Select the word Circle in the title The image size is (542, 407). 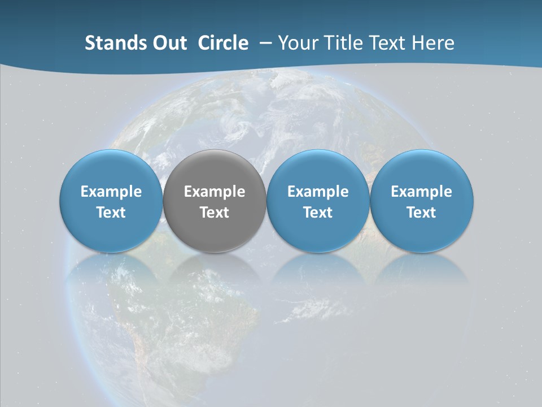tap(223, 43)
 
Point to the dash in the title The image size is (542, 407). tap(264, 42)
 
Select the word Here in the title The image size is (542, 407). tap(434, 43)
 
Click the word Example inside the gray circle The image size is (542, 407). tap(215, 192)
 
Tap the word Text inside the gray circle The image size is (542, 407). tap(215, 213)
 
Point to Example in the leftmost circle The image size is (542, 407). tap(111, 192)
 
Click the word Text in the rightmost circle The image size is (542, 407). tap(422, 213)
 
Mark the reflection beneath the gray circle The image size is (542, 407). tap(215, 277)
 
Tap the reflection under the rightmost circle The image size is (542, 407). tap(422, 277)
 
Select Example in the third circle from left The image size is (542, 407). tap(318, 192)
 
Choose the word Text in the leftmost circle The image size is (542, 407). tap(111, 213)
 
